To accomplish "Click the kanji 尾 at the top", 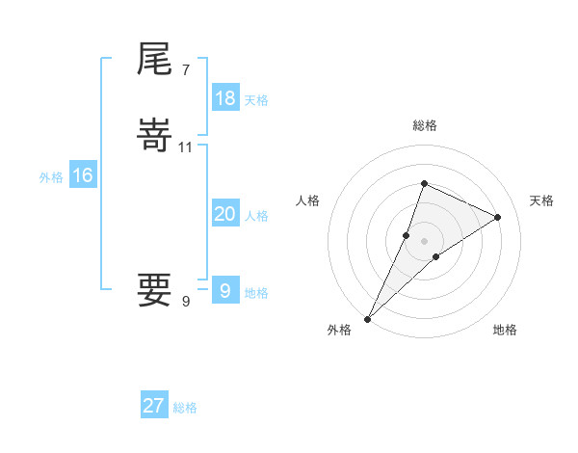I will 155,60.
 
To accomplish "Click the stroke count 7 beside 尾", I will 185,70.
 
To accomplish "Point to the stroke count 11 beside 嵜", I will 186,147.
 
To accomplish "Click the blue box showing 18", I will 224,98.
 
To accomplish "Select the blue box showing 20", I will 224,214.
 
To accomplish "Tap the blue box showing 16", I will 82,175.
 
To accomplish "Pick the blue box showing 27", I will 154,406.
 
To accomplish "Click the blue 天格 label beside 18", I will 256,100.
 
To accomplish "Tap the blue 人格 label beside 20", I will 256,216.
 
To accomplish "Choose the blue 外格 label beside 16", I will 51,177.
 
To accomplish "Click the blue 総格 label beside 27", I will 185,408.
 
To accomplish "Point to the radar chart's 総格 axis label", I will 425,125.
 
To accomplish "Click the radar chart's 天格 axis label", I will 541,200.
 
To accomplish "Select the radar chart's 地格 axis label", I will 505,331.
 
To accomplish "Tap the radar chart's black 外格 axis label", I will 339,331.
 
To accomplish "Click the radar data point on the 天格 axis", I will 498,217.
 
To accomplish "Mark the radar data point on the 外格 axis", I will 368,318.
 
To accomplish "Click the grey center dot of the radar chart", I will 425,241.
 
